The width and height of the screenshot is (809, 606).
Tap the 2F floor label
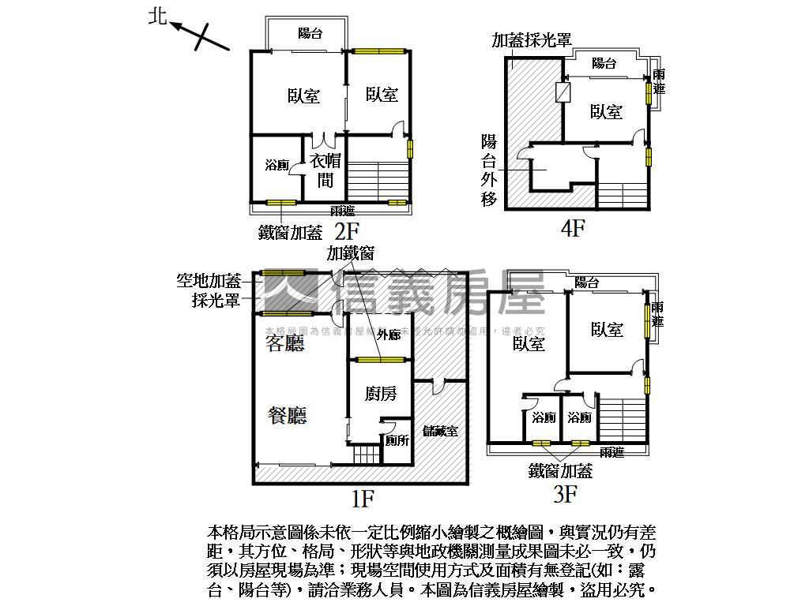[348, 232]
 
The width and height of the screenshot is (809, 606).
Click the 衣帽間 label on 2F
[325, 170]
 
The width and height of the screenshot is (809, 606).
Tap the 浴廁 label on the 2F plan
[277, 166]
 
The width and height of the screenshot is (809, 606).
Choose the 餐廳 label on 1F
[287, 415]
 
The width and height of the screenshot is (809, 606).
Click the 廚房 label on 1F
[381, 393]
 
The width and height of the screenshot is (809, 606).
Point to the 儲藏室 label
[441, 431]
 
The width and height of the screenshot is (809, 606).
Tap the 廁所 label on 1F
[397, 440]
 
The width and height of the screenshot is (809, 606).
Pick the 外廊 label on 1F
[389, 335]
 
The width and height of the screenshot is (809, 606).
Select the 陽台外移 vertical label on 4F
[490, 170]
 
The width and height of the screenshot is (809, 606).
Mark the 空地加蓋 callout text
[209, 280]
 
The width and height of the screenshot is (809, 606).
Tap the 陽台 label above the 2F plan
[309, 33]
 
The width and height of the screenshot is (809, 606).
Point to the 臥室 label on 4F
[606, 112]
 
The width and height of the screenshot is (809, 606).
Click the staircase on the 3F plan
[622, 419]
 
